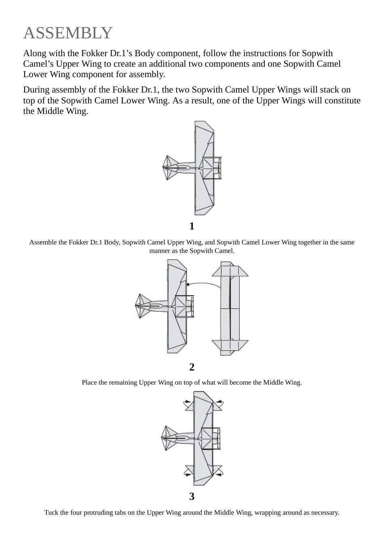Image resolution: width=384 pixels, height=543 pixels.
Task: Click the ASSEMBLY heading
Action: pos(68,33)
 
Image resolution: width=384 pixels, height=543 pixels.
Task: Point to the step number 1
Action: pos(192,226)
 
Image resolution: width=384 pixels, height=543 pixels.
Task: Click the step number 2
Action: pos(192,367)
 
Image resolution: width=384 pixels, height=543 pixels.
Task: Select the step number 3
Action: pos(192,496)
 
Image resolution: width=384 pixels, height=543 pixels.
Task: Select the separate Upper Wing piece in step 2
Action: pos(230,308)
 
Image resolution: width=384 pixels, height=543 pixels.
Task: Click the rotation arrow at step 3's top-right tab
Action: pos(218,404)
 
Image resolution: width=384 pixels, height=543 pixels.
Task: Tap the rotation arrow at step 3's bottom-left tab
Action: pos(188,471)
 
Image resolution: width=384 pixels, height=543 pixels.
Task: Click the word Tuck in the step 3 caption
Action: pos(51,513)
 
